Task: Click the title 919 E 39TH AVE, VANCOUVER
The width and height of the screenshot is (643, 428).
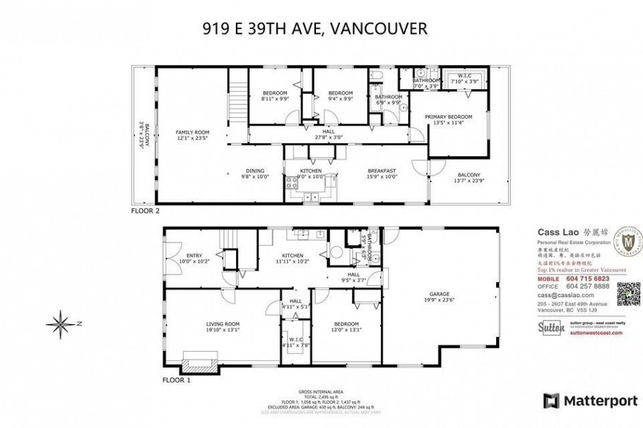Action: pyautogui.click(x=314, y=28)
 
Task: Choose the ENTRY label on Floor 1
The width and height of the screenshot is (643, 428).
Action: pyautogui.click(x=194, y=256)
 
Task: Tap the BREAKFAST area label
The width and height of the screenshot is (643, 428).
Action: pyautogui.click(x=382, y=170)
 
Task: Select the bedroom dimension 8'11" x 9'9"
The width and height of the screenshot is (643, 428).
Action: pyautogui.click(x=275, y=100)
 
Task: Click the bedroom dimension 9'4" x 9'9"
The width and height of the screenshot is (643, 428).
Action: pyautogui.click(x=340, y=100)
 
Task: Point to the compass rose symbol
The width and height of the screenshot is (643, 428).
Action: pyautogui.click(x=61, y=324)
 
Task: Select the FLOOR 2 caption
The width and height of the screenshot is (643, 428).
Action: pyautogui.click(x=146, y=210)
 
